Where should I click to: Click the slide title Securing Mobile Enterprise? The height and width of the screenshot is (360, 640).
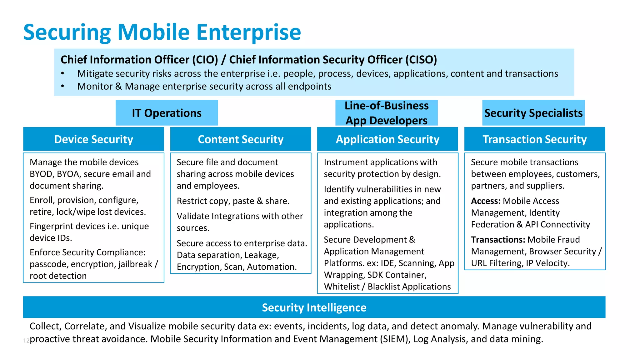pyautogui.click(x=162, y=32)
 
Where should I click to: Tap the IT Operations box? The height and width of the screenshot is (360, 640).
pyautogui.click(x=167, y=113)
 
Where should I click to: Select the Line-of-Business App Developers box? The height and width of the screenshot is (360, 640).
pyautogui.click(x=386, y=113)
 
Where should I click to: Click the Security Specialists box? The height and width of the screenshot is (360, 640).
pyautogui.click(x=533, y=113)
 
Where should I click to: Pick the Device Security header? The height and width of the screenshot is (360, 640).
pyautogui.click(x=93, y=139)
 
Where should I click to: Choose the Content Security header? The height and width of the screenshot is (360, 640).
pyautogui.click(x=240, y=139)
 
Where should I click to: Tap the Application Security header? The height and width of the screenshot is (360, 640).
pyautogui.click(x=387, y=139)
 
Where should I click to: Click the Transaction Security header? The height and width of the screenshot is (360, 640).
pyautogui.click(x=534, y=139)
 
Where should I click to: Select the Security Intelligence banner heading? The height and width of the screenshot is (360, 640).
pyautogui.click(x=314, y=307)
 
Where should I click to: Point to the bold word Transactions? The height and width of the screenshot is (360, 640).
pyautogui.click(x=498, y=240)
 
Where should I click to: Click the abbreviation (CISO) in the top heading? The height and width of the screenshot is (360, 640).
pyautogui.click(x=421, y=60)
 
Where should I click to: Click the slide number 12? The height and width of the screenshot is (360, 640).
pyautogui.click(x=26, y=341)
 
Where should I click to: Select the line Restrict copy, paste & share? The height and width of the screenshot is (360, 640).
pyautogui.click(x=233, y=201)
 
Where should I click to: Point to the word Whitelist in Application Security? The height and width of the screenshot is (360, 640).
pyautogui.click(x=342, y=287)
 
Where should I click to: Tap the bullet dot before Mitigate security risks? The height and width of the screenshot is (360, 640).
pyautogui.click(x=63, y=73)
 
